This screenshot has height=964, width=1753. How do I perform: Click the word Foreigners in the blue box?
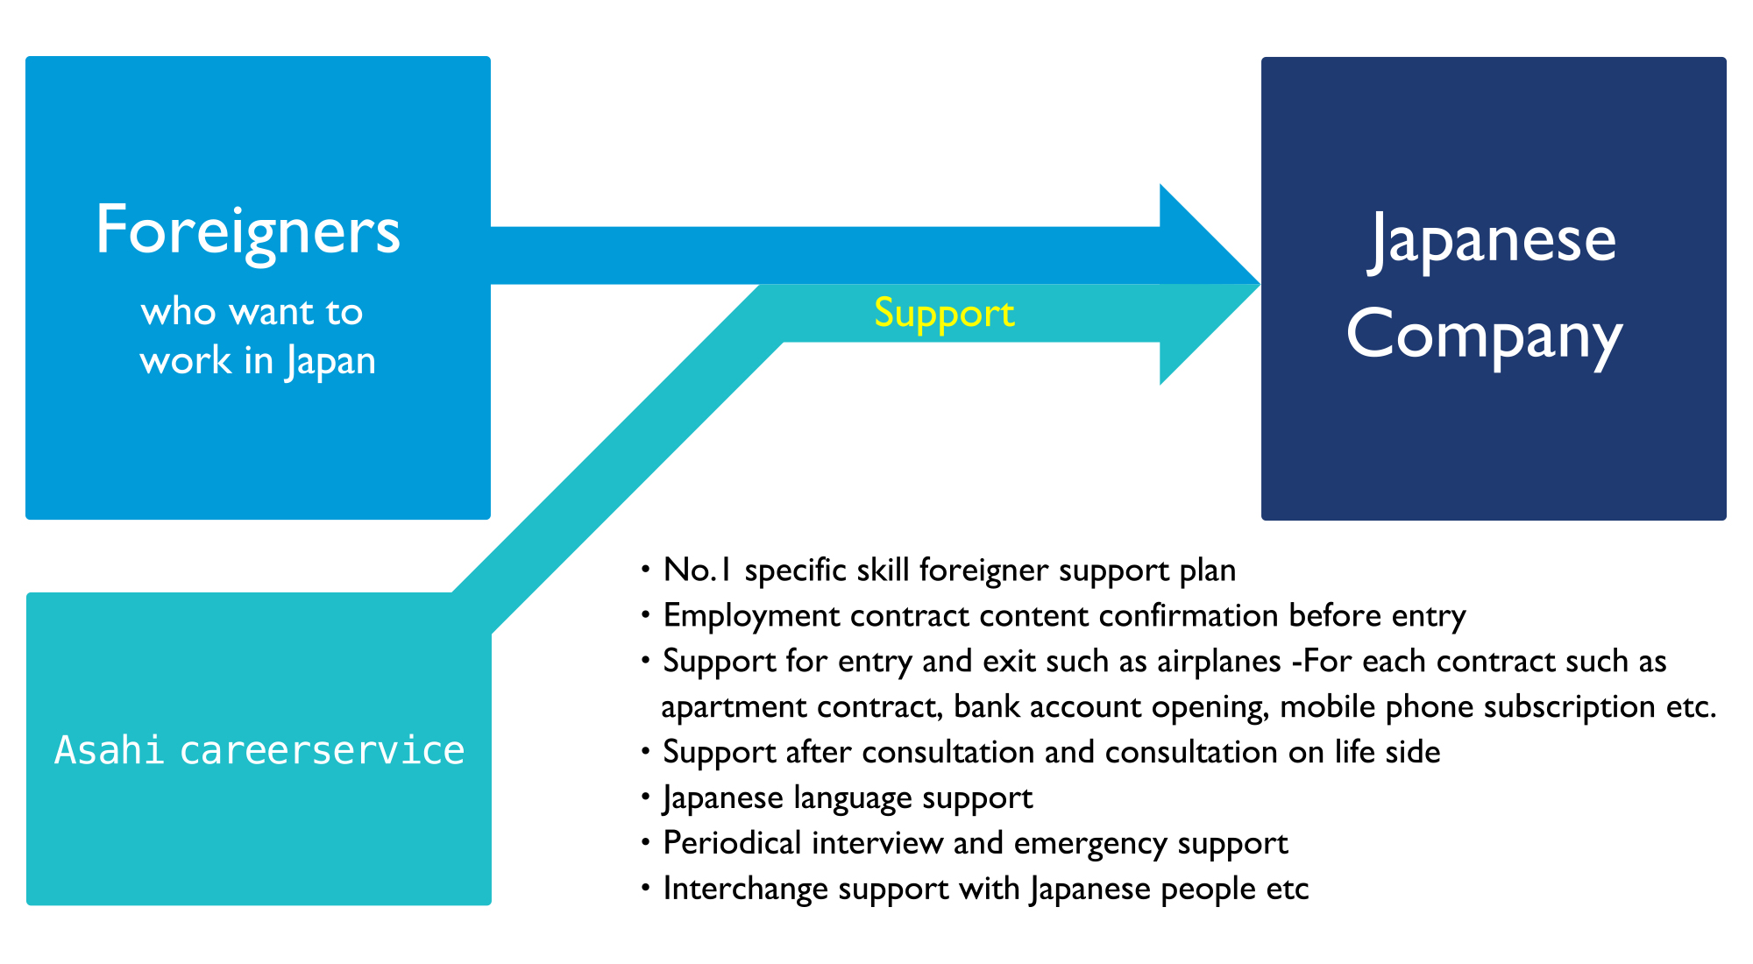248,231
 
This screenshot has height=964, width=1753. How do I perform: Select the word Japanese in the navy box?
1492,241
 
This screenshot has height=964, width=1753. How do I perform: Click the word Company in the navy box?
1485,336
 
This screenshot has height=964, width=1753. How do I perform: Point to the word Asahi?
109,750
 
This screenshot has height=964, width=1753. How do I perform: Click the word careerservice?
322,751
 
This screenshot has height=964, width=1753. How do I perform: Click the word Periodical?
733,843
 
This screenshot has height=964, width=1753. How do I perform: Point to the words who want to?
252,312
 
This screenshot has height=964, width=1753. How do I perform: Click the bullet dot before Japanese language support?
646,797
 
